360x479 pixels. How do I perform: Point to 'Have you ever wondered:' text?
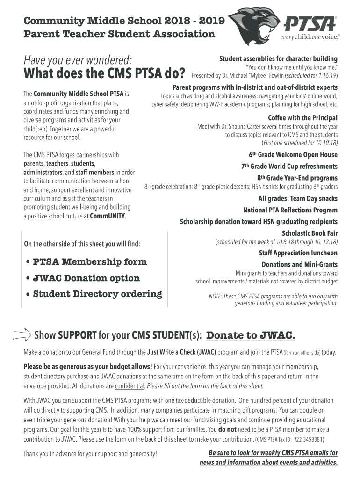[78, 59]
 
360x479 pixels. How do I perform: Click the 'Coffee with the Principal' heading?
[302, 118]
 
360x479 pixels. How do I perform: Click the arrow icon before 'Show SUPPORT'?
[22, 335]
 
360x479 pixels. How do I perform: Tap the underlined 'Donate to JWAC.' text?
[251, 335]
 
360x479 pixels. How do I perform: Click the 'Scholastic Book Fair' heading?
[310, 233]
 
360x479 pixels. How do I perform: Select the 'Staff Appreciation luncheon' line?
[298, 253]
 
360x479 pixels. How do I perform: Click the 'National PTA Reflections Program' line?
[290, 210]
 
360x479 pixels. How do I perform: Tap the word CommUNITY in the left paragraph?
[108, 216]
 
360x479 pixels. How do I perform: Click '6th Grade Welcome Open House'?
[293, 155]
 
